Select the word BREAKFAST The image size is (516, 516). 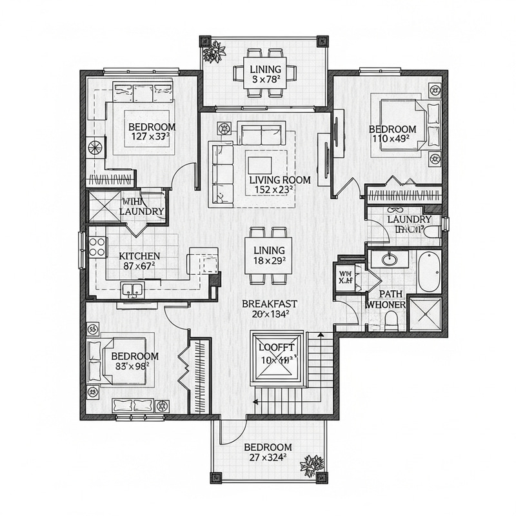tap(269, 303)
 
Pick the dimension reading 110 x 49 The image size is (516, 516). tap(393, 138)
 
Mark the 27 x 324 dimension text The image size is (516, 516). tap(267, 457)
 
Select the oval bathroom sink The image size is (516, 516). tap(389, 261)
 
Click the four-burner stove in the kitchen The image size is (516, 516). tap(97, 246)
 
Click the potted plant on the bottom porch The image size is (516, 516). tap(314, 464)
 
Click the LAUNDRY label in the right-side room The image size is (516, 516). tap(408, 220)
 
